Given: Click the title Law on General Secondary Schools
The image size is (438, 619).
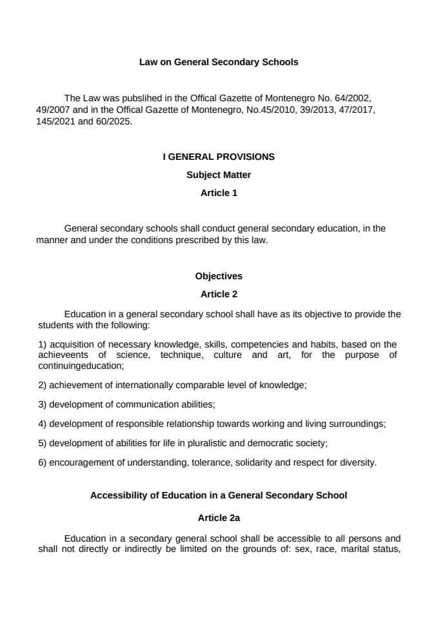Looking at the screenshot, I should (x=219, y=63).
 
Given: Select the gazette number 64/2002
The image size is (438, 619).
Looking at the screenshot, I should (x=350, y=99).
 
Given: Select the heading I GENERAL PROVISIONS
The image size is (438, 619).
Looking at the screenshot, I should (x=219, y=157).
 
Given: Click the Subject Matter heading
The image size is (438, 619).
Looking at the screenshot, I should (x=219, y=175).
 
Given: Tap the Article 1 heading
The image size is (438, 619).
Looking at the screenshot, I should (x=219, y=193).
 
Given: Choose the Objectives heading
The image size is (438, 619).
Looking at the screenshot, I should (x=219, y=276).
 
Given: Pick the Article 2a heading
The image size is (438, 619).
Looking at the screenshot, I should (x=219, y=518).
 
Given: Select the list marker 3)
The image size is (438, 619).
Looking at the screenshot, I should (x=43, y=404).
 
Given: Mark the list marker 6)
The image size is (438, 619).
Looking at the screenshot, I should (x=43, y=462).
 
